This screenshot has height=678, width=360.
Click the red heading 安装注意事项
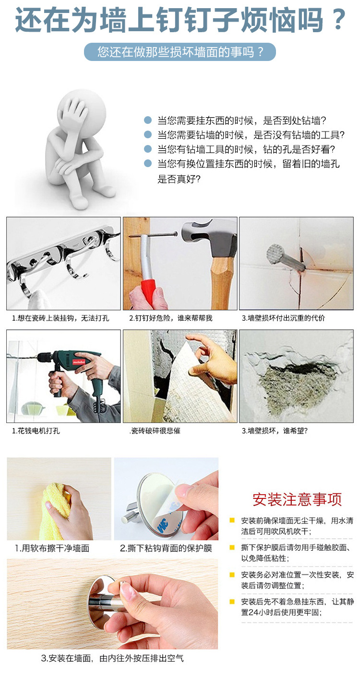(297, 499)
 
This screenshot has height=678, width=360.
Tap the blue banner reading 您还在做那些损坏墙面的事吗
(180, 52)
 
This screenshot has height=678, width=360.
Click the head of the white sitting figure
(82, 108)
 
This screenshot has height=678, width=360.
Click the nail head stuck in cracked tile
(275, 254)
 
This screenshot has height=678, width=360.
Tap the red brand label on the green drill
(79, 362)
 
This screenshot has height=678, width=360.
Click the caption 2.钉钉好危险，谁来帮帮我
(171, 318)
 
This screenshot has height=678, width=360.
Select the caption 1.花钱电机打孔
(36, 431)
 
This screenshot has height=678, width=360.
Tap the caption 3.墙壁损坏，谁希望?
(275, 431)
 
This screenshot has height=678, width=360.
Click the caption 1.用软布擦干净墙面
(52, 548)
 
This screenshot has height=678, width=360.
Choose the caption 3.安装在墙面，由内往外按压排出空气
(112, 658)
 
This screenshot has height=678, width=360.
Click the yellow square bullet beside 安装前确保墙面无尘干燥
(232, 521)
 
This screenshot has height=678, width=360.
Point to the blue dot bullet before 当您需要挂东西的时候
(148, 120)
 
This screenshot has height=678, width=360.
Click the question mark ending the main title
(338, 20)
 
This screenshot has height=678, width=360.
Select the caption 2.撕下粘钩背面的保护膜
(166, 548)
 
